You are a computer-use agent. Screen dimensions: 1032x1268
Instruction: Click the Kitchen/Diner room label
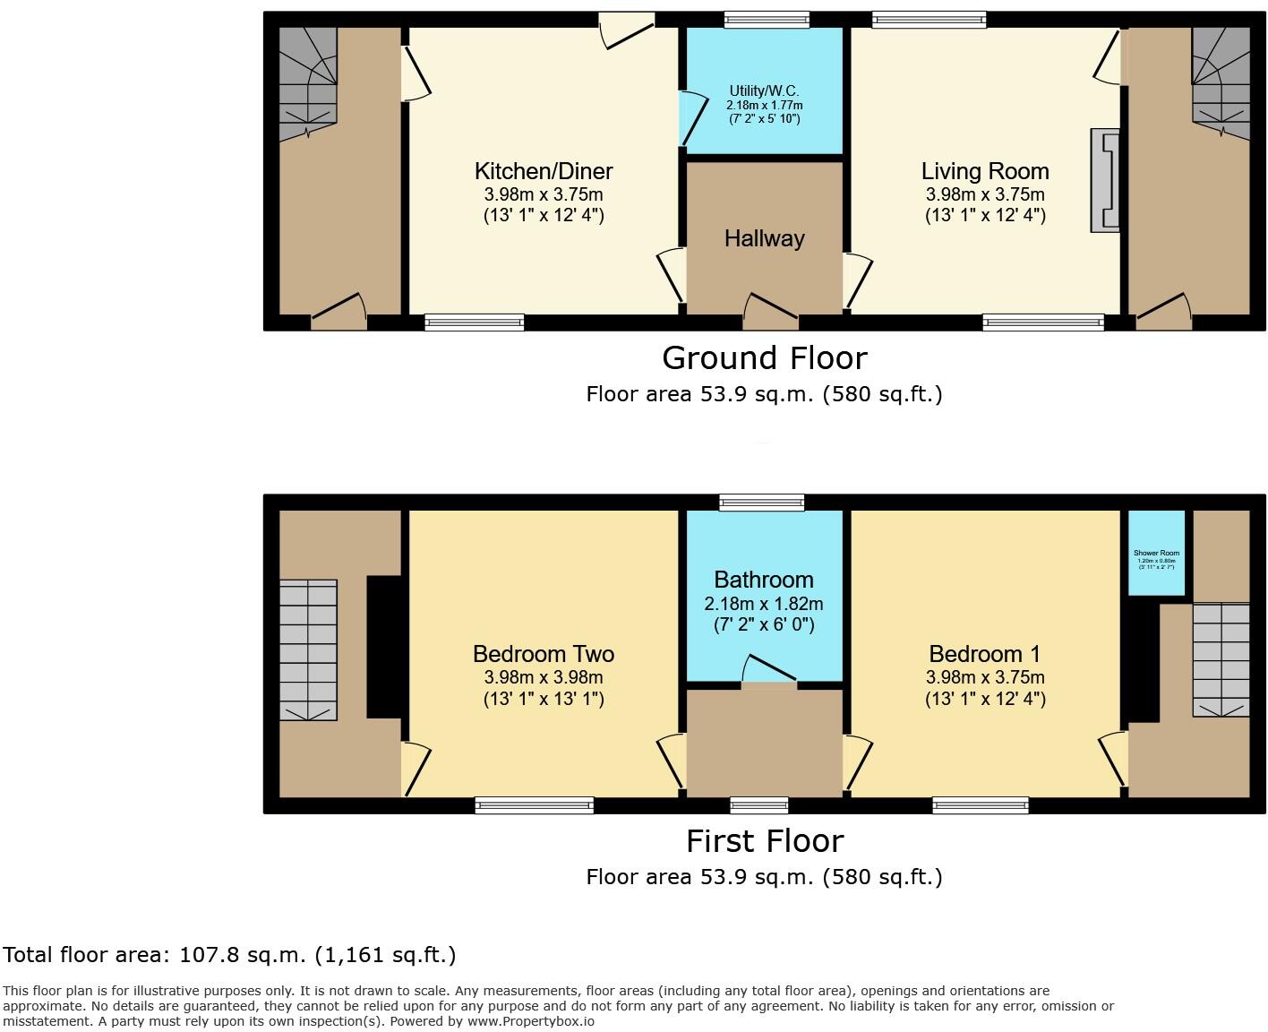[544, 171]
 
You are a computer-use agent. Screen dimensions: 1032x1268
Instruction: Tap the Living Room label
[985, 171]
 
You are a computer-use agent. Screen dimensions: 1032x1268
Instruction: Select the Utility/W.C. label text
[764, 91]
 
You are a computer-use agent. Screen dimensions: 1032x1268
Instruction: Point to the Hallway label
[764, 238]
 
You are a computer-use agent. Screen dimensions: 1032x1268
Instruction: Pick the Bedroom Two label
[544, 654]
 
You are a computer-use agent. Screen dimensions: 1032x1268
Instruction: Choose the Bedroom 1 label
[985, 654]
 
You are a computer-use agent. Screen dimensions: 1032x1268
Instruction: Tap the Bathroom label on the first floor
[764, 580]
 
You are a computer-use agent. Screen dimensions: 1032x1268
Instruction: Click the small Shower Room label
[1156, 554]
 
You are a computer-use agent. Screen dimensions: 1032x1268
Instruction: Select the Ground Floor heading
[764, 358]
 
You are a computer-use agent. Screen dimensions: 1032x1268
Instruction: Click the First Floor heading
[764, 841]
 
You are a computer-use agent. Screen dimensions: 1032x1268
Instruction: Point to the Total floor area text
[229, 955]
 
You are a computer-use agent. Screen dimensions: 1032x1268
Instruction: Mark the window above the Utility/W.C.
[767, 19]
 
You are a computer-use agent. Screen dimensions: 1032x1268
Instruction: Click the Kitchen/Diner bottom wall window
[474, 322]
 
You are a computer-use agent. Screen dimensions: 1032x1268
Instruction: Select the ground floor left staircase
[307, 82]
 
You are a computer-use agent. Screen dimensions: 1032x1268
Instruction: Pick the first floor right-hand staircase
[1220, 659]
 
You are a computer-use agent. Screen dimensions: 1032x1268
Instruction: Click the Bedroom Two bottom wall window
[534, 805]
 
